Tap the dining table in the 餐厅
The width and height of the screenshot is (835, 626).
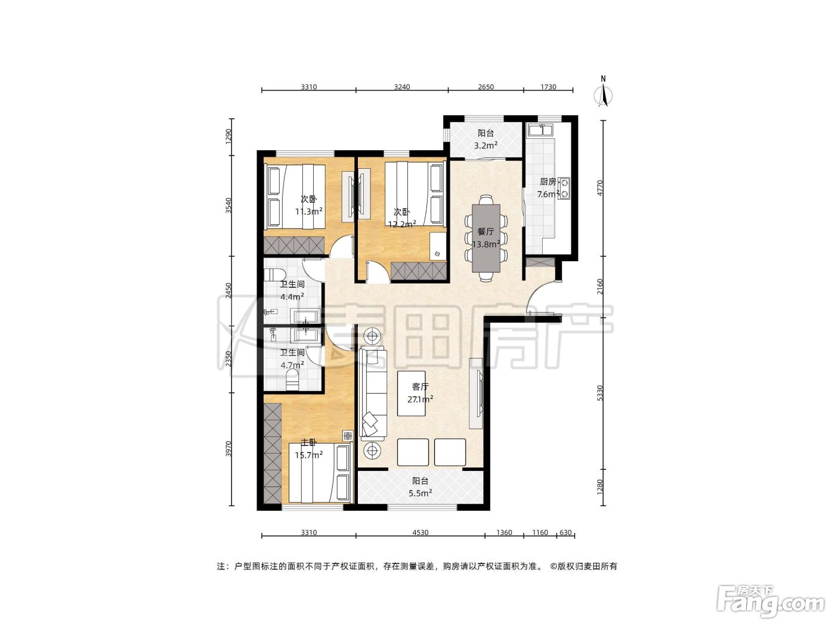485,238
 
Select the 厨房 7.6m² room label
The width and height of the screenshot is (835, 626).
548,188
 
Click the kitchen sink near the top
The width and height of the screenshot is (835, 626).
539,129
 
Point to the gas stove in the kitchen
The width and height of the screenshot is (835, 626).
565,188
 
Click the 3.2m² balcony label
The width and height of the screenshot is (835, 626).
485,139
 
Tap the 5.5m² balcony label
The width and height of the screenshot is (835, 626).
420,487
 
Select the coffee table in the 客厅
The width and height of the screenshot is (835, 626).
411,393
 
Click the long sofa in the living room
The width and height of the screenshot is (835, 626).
373,393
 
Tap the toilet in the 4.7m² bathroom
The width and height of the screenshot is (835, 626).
292,380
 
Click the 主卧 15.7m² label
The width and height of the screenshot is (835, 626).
308,448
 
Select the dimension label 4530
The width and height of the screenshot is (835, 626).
420,532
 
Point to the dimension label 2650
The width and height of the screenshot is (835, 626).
485,87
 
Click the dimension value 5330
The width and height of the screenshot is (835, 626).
600,393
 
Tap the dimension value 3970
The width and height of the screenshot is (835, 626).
228,448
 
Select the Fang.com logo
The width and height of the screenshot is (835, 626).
771,599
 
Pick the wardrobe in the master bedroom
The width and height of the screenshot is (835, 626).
273,453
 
